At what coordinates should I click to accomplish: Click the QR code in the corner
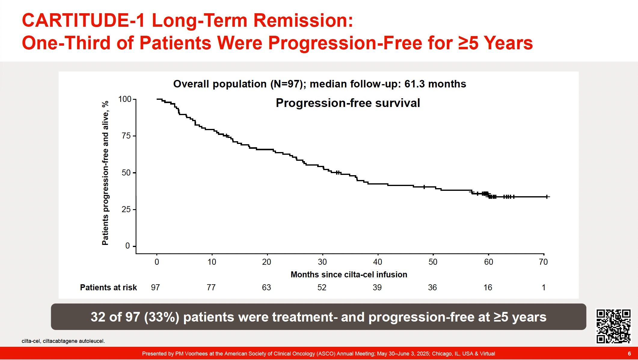[x=613, y=326]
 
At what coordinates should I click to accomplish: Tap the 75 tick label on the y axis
[x=126, y=136]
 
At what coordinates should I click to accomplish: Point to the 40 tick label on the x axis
[x=377, y=262]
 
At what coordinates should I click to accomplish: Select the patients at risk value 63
[x=266, y=288]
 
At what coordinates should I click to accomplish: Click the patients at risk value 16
[x=488, y=288]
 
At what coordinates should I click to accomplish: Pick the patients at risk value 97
[x=155, y=288]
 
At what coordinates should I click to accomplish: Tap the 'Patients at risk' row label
[x=108, y=288]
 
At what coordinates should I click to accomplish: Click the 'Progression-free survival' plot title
[x=348, y=103]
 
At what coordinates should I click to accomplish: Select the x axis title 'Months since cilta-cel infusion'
[x=349, y=275]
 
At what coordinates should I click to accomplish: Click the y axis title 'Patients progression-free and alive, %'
[x=105, y=173]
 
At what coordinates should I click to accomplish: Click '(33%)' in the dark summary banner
[x=162, y=317]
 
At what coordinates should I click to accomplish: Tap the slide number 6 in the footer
[x=629, y=354]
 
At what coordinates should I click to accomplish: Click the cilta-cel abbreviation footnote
[x=63, y=341]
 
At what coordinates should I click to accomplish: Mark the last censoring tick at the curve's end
[x=547, y=197]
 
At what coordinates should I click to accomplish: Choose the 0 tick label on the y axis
[x=127, y=246]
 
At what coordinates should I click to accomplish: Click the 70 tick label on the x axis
[x=543, y=262]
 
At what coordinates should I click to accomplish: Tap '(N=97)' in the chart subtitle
[x=287, y=84]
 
